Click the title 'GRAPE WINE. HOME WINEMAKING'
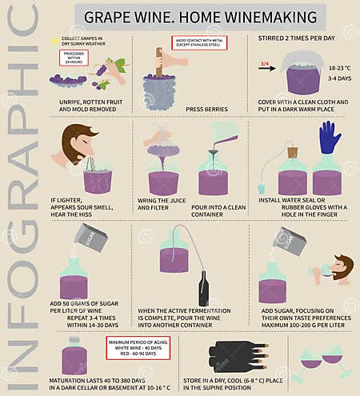(x=200, y=15)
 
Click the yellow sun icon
(x=54, y=39)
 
